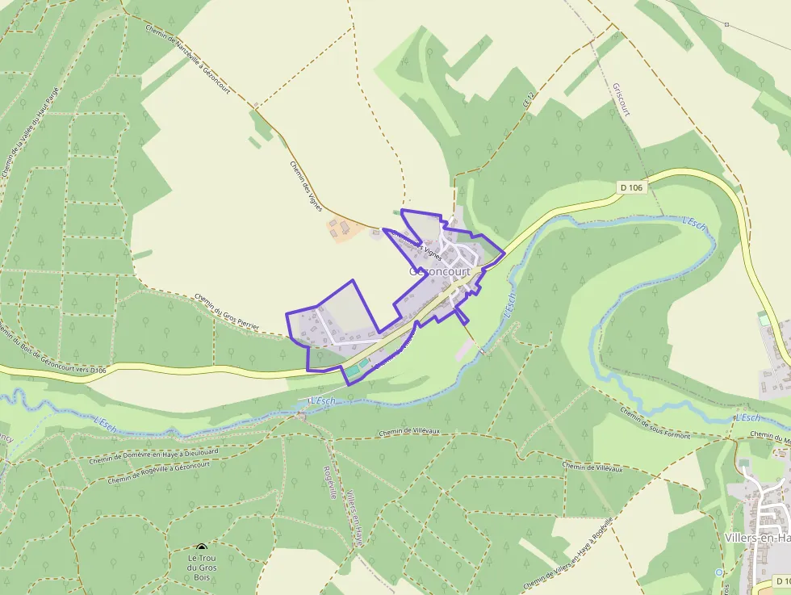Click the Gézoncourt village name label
tap(439, 272)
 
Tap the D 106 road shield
tap(632, 187)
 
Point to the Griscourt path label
tap(621, 99)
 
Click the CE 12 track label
tap(529, 99)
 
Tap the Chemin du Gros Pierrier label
tap(227, 312)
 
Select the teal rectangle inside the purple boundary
tap(356, 370)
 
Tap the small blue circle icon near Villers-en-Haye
tap(718, 572)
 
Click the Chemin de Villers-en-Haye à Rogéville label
tap(568, 552)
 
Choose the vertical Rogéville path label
tap(329, 483)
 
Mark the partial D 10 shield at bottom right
tap(781, 581)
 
